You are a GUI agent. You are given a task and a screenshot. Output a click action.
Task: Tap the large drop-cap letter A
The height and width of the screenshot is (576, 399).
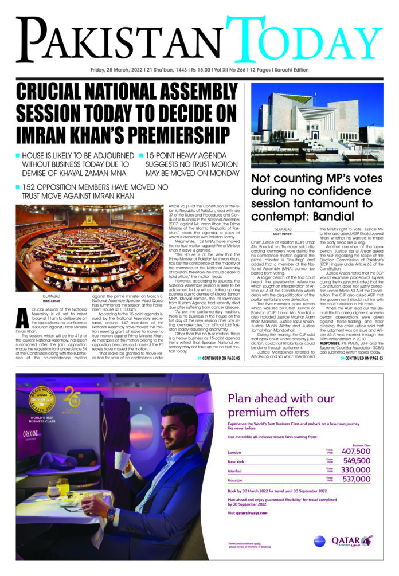click(x=21, y=316)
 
